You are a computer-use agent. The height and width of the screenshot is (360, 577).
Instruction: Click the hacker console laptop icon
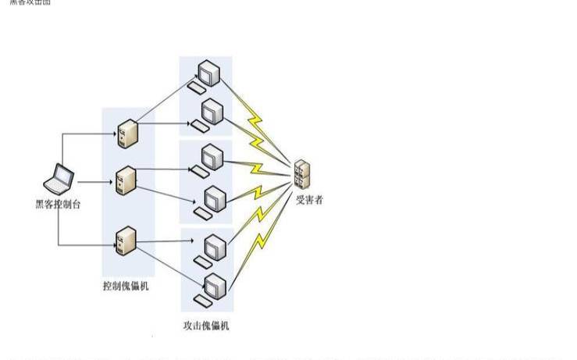59,180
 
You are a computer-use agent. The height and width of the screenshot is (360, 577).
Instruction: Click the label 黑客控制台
59,204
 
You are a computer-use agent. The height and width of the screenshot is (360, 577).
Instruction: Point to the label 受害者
308,200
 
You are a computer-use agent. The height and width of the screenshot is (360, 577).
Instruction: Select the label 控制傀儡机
125,286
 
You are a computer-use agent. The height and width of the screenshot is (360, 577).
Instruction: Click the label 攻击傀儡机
205,325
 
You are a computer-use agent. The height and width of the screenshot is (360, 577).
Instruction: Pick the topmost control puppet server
126,134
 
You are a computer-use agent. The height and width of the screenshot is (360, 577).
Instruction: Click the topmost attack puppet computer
207,74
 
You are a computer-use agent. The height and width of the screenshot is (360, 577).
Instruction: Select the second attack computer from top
208,115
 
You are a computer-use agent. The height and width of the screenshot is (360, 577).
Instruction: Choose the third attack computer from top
208,159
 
